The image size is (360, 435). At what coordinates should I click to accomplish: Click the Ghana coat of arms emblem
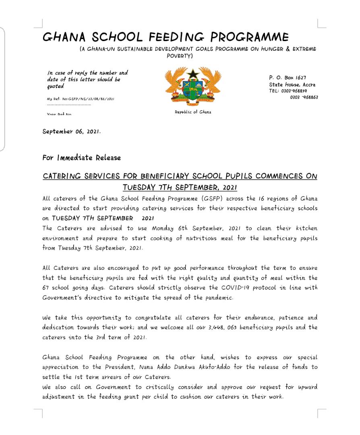(x=192, y=86)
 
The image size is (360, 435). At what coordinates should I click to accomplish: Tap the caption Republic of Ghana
(x=192, y=112)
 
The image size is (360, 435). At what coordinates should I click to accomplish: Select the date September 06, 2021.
(x=71, y=131)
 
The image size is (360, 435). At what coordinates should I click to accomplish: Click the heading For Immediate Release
(x=81, y=157)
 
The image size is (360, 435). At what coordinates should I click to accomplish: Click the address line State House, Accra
(x=292, y=85)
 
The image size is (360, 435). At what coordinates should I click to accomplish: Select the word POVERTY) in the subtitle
(x=180, y=56)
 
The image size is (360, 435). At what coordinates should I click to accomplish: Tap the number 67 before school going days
(x=46, y=288)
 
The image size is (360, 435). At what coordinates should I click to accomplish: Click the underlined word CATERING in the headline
(x=62, y=177)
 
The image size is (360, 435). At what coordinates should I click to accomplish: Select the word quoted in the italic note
(x=55, y=87)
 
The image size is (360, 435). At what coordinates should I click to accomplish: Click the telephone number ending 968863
(x=304, y=97)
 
